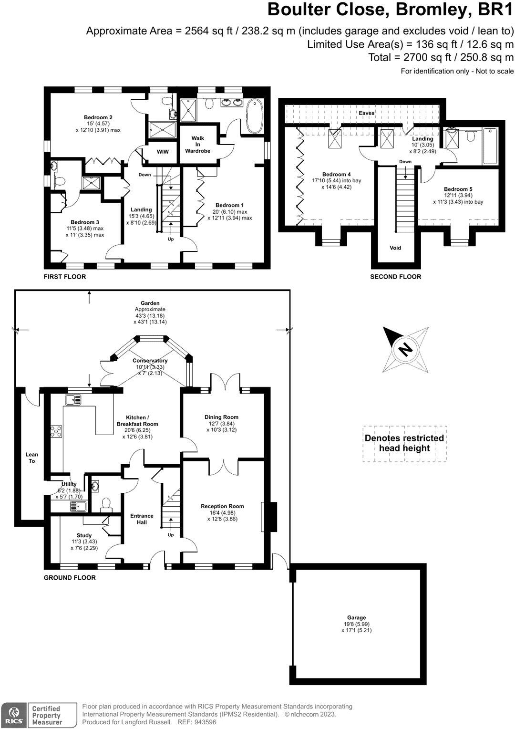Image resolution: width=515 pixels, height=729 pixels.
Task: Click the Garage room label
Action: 356,617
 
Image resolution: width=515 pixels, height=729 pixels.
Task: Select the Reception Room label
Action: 222,506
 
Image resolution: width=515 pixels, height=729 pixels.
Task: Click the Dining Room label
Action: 221,417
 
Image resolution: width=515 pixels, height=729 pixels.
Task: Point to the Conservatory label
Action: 150,361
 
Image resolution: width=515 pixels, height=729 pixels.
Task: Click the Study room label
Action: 84,535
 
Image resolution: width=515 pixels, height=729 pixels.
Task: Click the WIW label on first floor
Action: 163,152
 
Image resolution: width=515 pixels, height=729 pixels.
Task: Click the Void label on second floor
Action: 395,248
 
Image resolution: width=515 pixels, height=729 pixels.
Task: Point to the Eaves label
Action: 367,113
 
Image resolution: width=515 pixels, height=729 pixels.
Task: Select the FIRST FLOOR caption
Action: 65,277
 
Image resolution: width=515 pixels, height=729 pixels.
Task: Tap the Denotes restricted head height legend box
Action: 404,443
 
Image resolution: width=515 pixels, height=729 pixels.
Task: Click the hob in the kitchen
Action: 56,431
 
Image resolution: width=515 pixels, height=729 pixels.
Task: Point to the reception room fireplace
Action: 270,517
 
